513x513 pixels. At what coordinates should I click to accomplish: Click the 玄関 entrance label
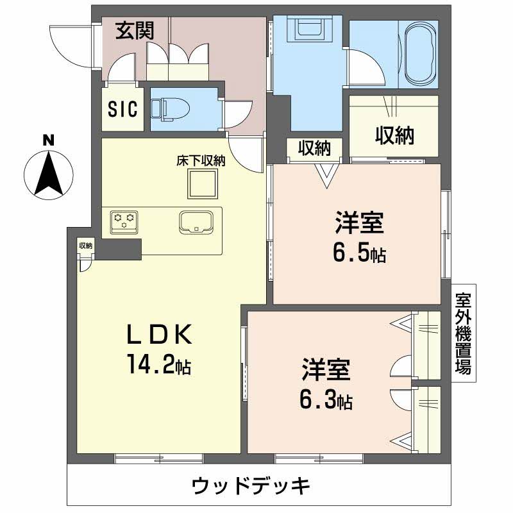[x=134, y=31]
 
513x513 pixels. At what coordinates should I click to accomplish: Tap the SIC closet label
[x=122, y=109]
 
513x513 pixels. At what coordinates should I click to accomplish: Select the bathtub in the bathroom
[x=419, y=54]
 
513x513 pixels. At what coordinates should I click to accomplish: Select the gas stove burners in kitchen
[x=124, y=220]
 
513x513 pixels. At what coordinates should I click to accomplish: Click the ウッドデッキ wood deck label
[x=251, y=485]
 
